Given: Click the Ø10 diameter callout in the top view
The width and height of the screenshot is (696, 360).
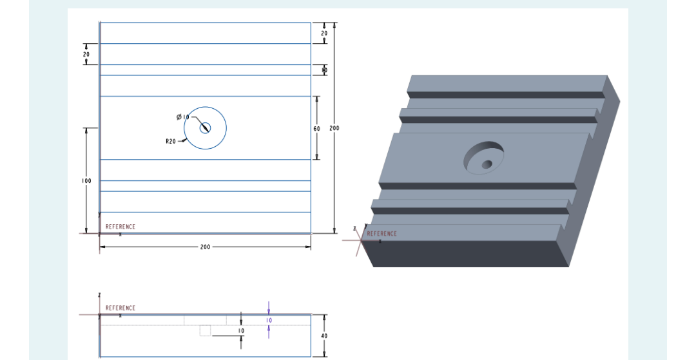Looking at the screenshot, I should tap(183, 117).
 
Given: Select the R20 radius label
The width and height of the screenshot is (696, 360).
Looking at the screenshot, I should tap(171, 141).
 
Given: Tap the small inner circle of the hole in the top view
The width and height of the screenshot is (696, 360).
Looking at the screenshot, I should tap(205, 128).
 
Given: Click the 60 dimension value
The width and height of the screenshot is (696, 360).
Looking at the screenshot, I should tap(316, 129).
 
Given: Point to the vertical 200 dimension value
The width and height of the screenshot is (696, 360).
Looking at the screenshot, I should tap(334, 129).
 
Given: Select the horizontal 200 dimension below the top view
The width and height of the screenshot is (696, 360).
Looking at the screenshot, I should tap(205, 247).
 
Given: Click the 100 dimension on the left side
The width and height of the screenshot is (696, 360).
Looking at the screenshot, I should tap(86, 181).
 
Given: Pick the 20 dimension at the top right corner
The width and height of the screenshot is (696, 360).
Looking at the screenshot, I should tap(324, 33).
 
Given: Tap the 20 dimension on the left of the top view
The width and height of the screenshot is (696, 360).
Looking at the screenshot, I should tap(86, 55).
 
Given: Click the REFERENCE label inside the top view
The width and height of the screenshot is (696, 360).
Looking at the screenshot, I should tap(121, 227).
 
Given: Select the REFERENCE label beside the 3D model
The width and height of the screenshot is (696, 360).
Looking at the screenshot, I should tap(382, 234).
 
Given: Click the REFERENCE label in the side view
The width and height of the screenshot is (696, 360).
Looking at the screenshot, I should tap(121, 308).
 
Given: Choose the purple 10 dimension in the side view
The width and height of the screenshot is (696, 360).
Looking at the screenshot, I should tap(269, 320).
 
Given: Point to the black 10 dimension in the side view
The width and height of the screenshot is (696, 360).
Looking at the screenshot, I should tap(241, 330).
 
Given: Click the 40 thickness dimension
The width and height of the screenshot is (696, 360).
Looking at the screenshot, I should tap(324, 336).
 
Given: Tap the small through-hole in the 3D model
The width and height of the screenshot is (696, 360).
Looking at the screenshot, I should tap(487, 164).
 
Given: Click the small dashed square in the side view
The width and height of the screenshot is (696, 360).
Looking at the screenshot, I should tap(205, 330).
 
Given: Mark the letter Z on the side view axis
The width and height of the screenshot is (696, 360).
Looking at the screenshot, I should tap(99, 295).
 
